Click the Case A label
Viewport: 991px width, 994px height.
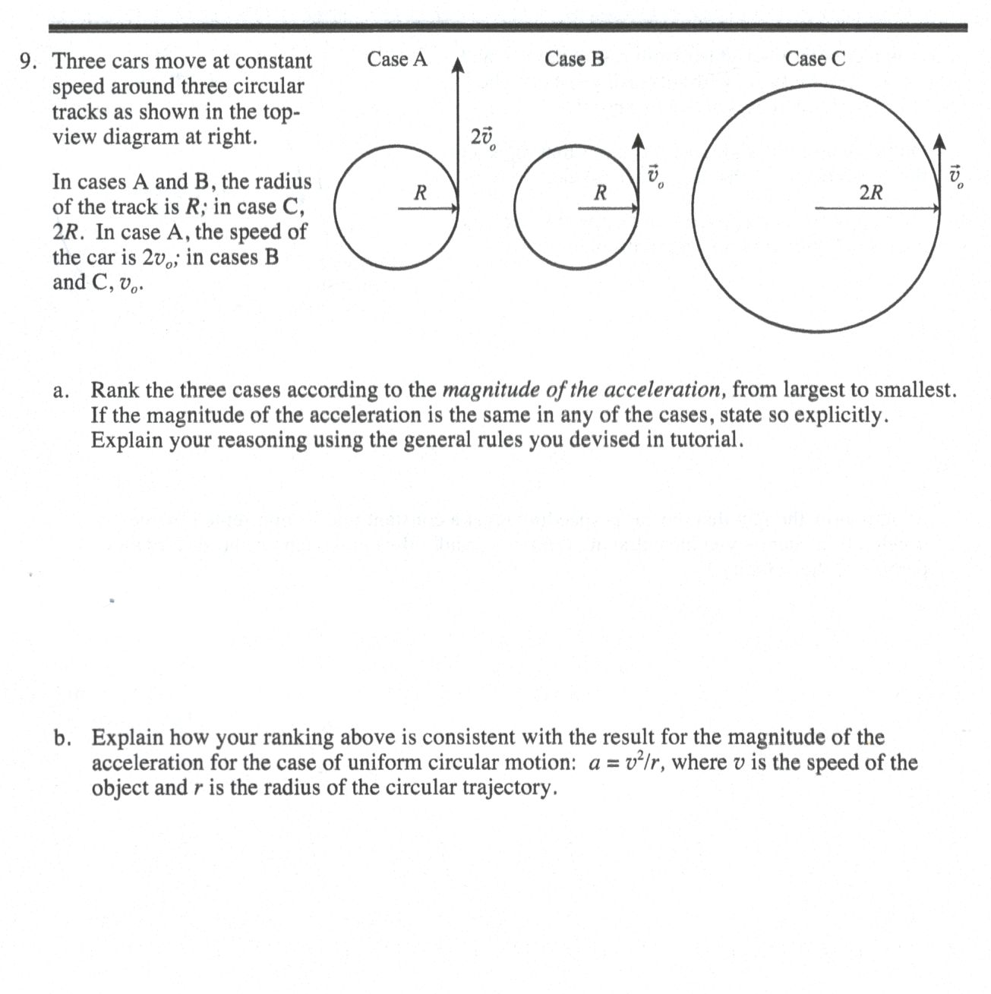[396, 59]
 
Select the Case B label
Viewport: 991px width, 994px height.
[574, 59]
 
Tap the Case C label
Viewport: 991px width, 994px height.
[814, 59]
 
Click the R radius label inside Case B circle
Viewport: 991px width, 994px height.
[600, 193]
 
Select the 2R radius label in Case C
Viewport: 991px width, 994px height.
[870, 193]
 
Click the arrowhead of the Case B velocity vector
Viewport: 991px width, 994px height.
[639, 141]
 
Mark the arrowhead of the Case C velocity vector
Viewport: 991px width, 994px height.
[940, 141]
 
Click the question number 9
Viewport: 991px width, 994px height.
[28, 61]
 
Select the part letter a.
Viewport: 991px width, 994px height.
[62, 391]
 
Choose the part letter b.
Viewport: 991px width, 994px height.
[63, 737]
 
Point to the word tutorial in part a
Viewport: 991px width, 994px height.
[702, 440]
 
